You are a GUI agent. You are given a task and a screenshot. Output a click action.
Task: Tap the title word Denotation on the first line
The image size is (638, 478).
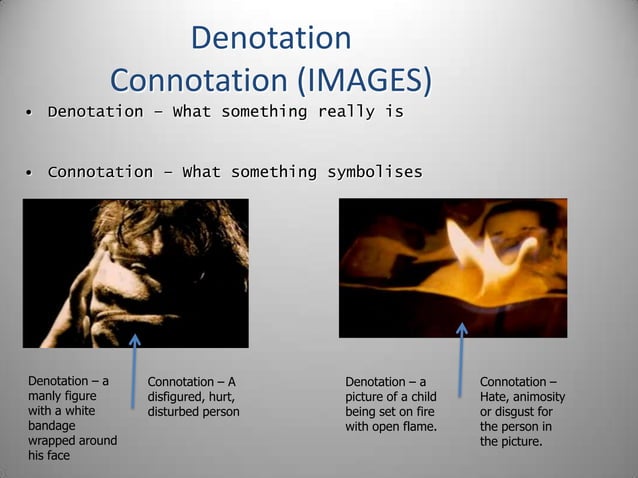270,39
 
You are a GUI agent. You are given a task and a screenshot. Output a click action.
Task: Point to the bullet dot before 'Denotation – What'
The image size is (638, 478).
30,112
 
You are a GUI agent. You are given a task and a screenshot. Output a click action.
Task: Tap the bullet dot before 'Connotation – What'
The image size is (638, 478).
30,173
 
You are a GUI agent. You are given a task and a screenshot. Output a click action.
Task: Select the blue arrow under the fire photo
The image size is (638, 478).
461,360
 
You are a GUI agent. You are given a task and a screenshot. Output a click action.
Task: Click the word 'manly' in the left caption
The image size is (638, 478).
45,396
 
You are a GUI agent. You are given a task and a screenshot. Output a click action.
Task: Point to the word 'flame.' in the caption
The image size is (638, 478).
418,427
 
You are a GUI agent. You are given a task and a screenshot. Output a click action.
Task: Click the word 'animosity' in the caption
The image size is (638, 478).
536,397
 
